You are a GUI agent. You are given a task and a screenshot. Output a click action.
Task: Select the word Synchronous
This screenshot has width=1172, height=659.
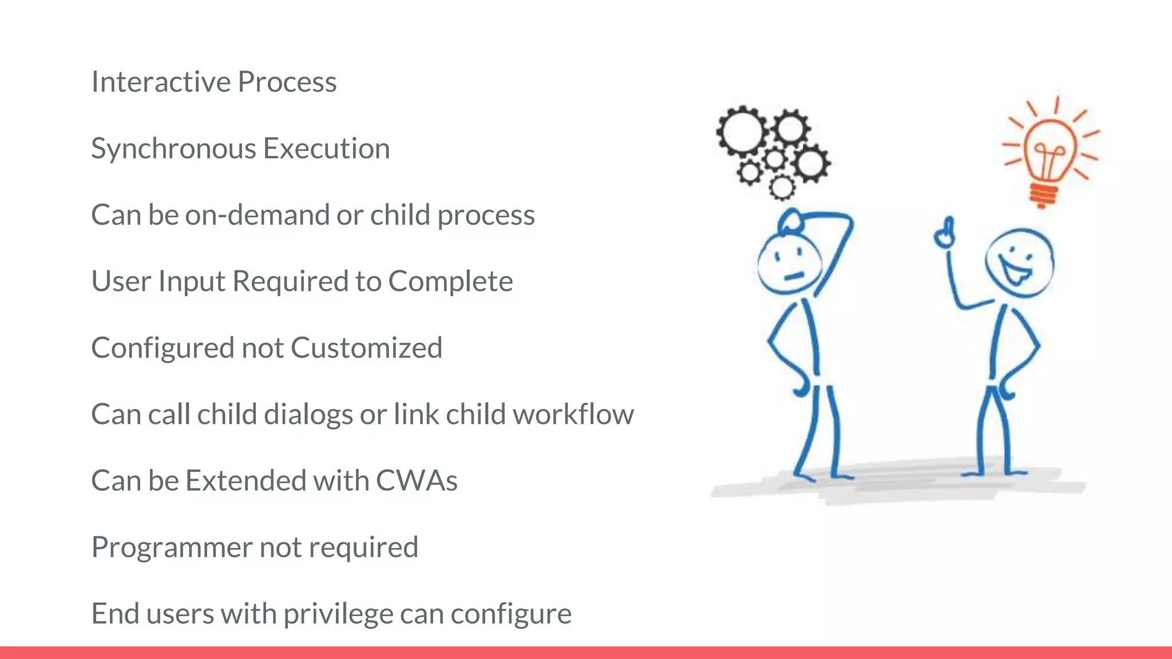point(173,149)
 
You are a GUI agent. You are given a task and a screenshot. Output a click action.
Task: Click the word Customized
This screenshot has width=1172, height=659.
point(366,348)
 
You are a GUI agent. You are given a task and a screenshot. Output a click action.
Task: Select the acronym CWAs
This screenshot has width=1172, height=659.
point(416,481)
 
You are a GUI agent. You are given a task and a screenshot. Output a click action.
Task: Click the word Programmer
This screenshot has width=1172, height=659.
point(172,547)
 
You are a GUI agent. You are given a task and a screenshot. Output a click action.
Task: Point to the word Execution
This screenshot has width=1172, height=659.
point(326,149)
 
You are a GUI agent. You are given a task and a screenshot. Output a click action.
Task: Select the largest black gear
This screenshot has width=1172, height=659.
point(743,131)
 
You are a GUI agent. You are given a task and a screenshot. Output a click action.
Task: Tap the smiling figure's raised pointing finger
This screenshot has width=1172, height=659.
point(945,232)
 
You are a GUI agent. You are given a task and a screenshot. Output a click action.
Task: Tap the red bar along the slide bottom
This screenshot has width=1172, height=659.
point(586,653)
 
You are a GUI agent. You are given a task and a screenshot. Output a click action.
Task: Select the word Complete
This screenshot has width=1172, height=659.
point(450,281)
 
